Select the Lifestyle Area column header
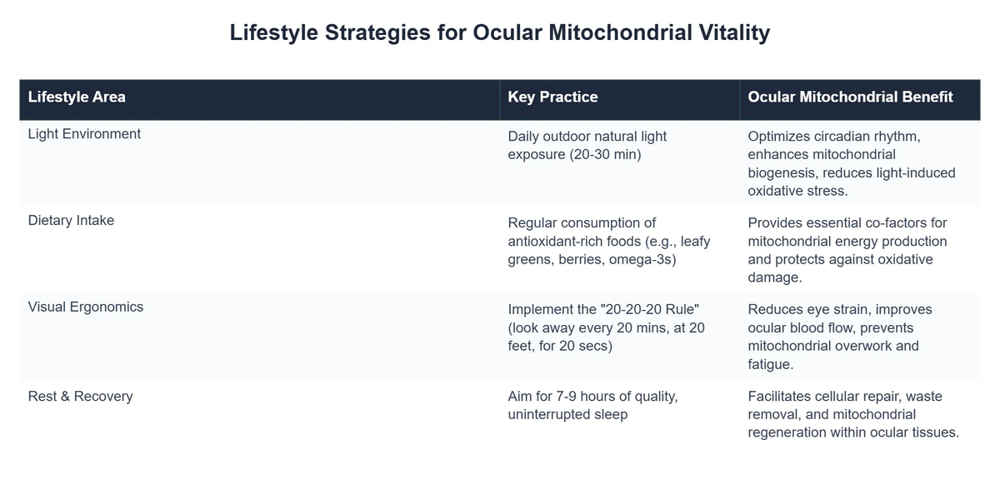tap(77, 97)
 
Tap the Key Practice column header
tap(552, 97)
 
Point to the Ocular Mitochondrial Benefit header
tap(850, 97)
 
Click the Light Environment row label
tap(84, 133)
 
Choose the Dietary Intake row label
tap(71, 221)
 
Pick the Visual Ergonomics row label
tap(86, 307)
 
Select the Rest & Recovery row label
tap(80, 396)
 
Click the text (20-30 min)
tap(599, 154)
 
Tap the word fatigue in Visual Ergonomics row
tap(769, 364)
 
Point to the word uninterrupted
tap(552, 414)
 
